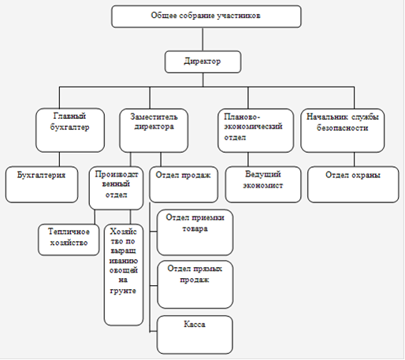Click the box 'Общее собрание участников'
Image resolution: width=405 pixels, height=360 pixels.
[206, 17]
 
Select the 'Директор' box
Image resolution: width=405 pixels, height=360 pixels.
[202, 61]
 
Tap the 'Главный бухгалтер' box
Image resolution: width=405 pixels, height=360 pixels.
[70, 130]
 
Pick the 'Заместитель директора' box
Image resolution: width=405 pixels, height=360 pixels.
[154, 131]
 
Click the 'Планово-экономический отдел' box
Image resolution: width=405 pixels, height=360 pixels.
[255, 131]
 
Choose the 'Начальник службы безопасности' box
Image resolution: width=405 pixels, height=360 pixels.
[343, 131]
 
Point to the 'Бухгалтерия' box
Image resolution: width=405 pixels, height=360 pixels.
[42, 184]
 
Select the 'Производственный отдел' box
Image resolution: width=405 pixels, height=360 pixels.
[116, 188]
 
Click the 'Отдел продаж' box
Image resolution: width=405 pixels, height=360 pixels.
[184, 184]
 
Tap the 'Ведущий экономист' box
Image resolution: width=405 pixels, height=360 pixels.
[263, 184]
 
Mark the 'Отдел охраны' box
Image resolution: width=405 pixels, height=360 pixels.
[353, 184]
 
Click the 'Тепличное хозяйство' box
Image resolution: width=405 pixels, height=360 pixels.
[69, 239]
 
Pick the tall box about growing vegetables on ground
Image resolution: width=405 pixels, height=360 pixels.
[124, 275]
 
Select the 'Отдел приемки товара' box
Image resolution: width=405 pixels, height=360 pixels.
[195, 232]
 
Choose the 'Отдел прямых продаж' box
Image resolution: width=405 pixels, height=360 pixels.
[195, 284]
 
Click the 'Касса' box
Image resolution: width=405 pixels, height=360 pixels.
[195, 335]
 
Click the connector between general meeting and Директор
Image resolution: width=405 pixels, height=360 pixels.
[202, 39]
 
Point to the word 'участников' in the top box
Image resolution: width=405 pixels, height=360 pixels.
[239, 16]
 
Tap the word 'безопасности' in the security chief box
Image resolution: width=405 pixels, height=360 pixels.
[342, 128]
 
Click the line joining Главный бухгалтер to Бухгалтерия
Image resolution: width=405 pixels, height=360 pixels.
[59, 159]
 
